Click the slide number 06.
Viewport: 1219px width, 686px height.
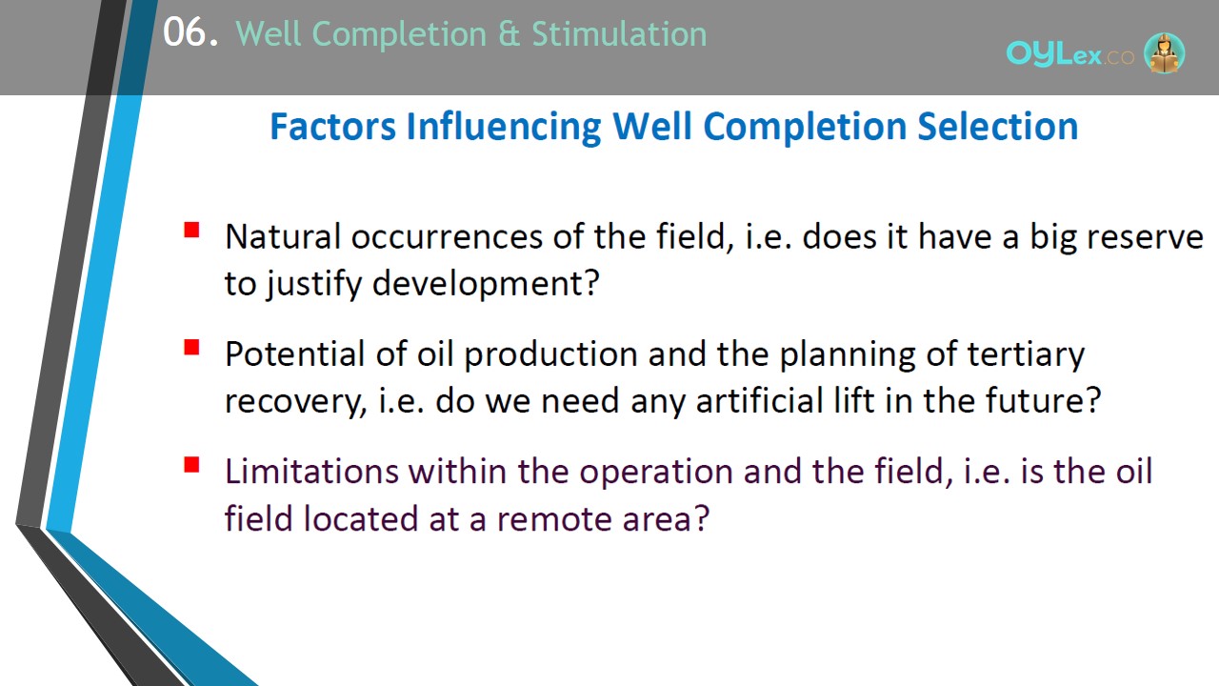click(x=190, y=32)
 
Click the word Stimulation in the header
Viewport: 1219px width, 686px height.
click(x=619, y=33)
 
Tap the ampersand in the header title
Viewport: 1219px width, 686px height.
click(x=509, y=33)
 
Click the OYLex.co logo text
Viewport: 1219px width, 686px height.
click(x=1069, y=54)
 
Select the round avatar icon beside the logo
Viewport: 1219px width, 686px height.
click(x=1164, y=52)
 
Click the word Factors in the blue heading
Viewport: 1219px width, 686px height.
click(x=332, y=127)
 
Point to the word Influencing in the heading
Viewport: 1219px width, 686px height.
click(x=504, y=128)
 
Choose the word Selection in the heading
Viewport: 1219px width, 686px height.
click(x=997, y=127)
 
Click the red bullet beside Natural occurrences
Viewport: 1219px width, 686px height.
click(x=191, y=230)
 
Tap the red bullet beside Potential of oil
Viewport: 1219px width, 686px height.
click(x=191, y=348)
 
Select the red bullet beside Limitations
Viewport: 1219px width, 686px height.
click(x=191, y=465)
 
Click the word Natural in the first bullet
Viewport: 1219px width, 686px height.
click(x=283, y=236)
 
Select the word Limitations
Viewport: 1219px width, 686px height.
click(x=311, y=472)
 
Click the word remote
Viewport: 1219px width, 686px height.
click(x=554, y=519)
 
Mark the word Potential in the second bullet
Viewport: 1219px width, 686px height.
click(x=295, y=353)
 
